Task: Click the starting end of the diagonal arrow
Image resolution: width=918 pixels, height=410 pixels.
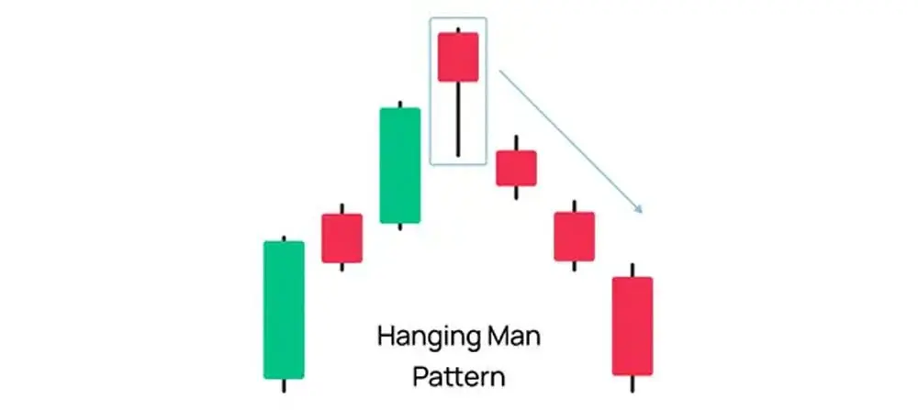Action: pos(498,71)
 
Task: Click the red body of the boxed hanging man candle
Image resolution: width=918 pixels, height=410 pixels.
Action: pos(458,57)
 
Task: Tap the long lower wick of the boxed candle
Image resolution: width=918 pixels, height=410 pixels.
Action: pos(458,119)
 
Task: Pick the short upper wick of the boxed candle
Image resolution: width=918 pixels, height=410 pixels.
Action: pos(458,29)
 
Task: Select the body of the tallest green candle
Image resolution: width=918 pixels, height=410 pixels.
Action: pos(284,310)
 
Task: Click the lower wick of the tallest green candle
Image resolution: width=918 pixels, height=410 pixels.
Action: pos(284,385)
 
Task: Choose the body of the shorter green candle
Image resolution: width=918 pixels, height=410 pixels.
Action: pos(400,165)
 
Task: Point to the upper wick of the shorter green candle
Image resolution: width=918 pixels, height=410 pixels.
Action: pos(400,105)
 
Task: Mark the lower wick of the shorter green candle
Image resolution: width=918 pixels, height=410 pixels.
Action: pos(400,227)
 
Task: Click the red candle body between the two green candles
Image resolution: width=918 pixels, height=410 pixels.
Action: pos(341,238)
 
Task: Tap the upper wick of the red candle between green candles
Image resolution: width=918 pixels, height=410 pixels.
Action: pos(341,209)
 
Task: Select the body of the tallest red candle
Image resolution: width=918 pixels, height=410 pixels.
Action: pos(633,326)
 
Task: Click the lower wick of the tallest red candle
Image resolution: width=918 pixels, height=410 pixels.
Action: pos(633,383)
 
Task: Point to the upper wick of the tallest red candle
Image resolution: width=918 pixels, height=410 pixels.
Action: pos(633,271)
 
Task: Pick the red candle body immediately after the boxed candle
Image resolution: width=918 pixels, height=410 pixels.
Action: pos(516,169)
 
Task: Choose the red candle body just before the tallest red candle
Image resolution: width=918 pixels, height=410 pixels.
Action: pos(575,237)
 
